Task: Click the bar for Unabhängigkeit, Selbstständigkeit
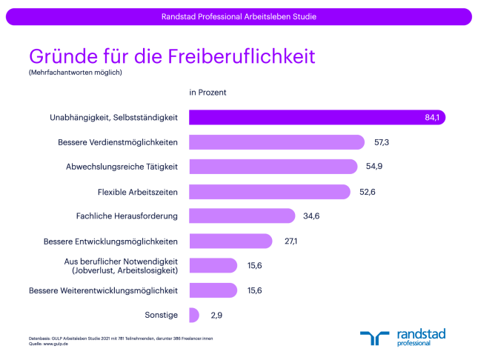[x=311, y=117]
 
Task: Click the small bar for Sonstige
[x=194, y=315]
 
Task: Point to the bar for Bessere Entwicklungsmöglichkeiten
[x=230, y=241]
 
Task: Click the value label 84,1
[x=433, y=118]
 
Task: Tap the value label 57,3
[x=382, y=142]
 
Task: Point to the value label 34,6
[x=311, y=216]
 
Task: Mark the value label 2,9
[x=216, y=316]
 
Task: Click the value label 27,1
[x=291, y=241]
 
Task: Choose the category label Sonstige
[x=162, y=316]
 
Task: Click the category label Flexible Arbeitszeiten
[x=139, y=192]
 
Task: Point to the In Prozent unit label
[x=208, y=93]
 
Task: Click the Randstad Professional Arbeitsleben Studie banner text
[x=239, y=16]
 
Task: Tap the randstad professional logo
[x=403, y=337]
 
